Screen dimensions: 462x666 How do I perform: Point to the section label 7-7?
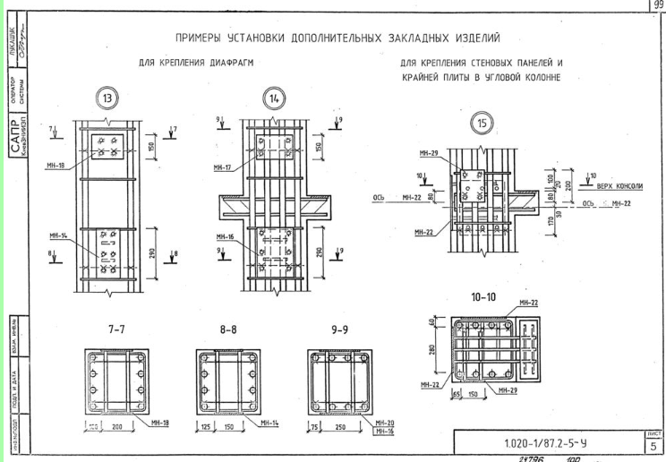pos(117,329)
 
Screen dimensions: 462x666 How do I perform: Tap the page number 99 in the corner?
pos(659,5)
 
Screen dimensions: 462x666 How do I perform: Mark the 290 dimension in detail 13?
pos(150,255)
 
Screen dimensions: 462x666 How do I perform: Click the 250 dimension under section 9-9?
pos(345,428)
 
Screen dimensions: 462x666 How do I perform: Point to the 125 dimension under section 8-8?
pos(204,428)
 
